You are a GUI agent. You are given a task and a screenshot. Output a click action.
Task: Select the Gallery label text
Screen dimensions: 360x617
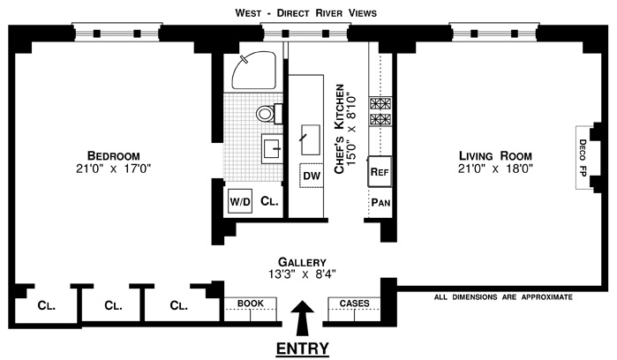point(302,262)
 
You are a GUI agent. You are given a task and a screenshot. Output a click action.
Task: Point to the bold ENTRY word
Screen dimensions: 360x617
point(303,348)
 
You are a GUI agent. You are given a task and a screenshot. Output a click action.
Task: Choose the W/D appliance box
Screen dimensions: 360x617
point(241,201)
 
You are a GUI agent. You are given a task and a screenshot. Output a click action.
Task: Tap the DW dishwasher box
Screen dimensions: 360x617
point(311,175)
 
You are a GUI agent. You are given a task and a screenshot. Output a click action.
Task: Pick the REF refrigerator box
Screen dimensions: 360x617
point(380,171)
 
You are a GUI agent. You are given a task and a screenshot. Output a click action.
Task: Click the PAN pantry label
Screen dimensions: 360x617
point(380,202)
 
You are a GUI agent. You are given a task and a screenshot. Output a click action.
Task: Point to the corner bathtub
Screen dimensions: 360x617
point(253,71)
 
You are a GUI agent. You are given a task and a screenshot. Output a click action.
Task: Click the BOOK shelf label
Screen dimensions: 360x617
point(251,304)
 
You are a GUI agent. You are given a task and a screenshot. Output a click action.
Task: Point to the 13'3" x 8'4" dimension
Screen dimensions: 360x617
point(302,274)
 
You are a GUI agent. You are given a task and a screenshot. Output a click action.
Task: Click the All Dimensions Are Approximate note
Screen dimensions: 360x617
point(502,297)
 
